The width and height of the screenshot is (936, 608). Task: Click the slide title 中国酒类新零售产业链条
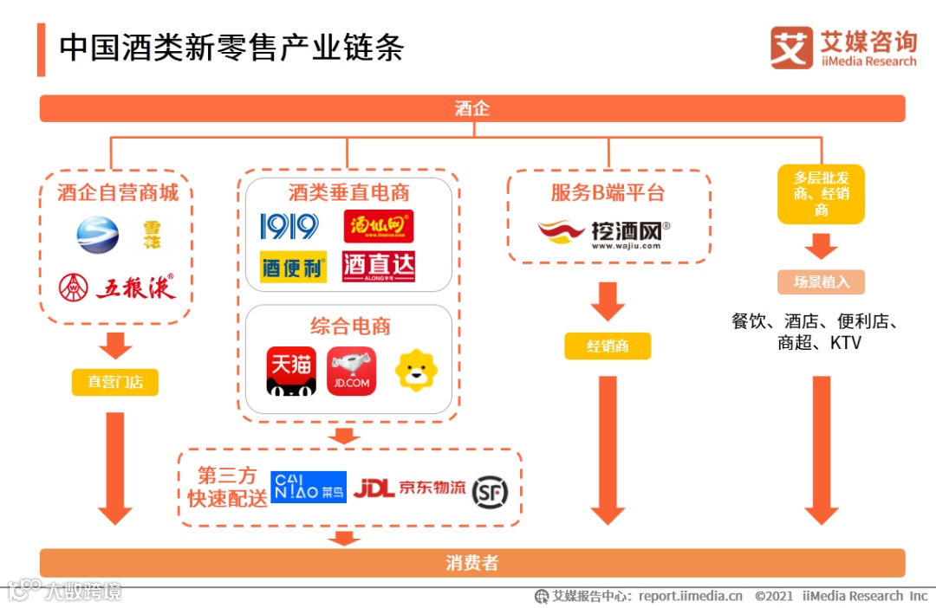231,47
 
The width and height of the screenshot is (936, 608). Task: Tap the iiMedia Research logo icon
791,49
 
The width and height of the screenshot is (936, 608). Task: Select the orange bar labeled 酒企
472,108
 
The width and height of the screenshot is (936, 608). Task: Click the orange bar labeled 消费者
472,563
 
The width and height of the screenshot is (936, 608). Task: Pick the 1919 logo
289,227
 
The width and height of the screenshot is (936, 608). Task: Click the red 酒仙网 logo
379,226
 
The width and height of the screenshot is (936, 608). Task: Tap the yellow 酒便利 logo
293,267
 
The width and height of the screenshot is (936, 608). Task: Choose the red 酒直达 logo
379,267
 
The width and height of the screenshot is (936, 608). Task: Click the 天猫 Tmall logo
291,372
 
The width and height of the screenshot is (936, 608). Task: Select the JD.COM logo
351,372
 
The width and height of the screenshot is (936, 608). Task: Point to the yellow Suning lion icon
416,371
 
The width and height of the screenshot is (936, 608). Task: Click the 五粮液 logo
117,287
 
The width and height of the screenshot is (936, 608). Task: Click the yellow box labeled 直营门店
114,381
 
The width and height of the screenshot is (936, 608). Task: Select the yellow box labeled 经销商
607,346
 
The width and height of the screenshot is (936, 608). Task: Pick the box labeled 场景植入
821,281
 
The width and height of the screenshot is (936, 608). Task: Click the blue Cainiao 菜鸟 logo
309,488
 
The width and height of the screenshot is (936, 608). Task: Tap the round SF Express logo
489,490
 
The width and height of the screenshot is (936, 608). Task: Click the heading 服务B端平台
608,192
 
